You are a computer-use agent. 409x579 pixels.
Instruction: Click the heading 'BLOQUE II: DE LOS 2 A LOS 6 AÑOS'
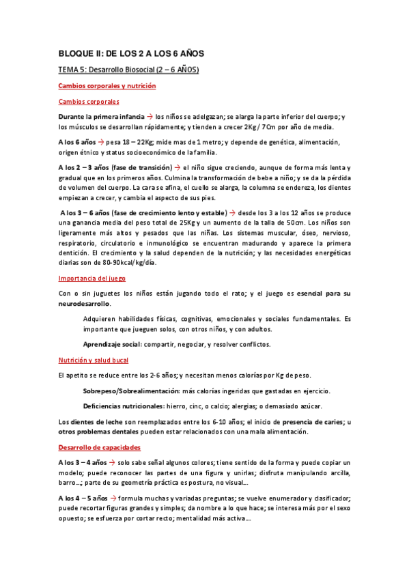[x=131, y=53]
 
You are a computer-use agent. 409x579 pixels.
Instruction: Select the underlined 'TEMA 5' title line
[x=128, y=70]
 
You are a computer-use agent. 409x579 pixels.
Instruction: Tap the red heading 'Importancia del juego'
[x=91, y=279]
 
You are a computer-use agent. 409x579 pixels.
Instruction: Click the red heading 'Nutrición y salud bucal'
[x=94, y=360]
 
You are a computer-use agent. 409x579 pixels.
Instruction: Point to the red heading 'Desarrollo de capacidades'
[x=100, y=447]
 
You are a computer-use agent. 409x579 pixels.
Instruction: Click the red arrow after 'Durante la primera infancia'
[x=150, y=117]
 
